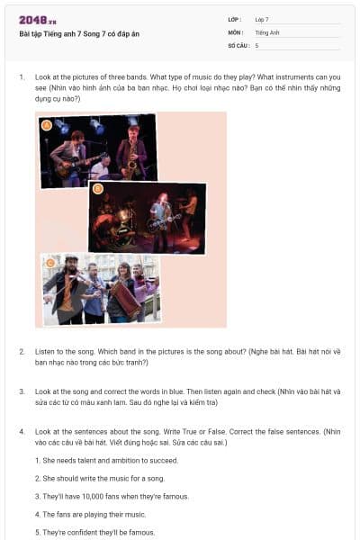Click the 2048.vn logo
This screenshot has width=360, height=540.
pyautogui.click(x=38, y=21)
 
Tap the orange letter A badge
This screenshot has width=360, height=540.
pyautogui.click(x=47, y=125)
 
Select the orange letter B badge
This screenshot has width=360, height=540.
pyautogui.click(x=98, y=189)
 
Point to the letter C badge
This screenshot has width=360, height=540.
pyautogui.click(x=50, y=264)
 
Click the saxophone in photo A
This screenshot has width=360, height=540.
pyautogui.click(x=131, y=161)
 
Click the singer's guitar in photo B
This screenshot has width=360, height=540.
pyautogui.click(x=163, y=222)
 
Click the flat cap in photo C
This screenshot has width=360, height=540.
pyautogui.click(x=71, y=257)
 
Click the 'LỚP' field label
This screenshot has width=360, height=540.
pyautogui.click(x=234, y=20)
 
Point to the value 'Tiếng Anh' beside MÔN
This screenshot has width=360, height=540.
pyautogui.click(x=267, y=32)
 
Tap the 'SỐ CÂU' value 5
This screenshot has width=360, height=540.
pyautogui.click(x=257, y=46)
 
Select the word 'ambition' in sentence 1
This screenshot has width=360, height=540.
pyautogui.click(x=124, y=461)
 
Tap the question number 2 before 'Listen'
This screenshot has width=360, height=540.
pyautogui.click(x=22, y=352)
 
